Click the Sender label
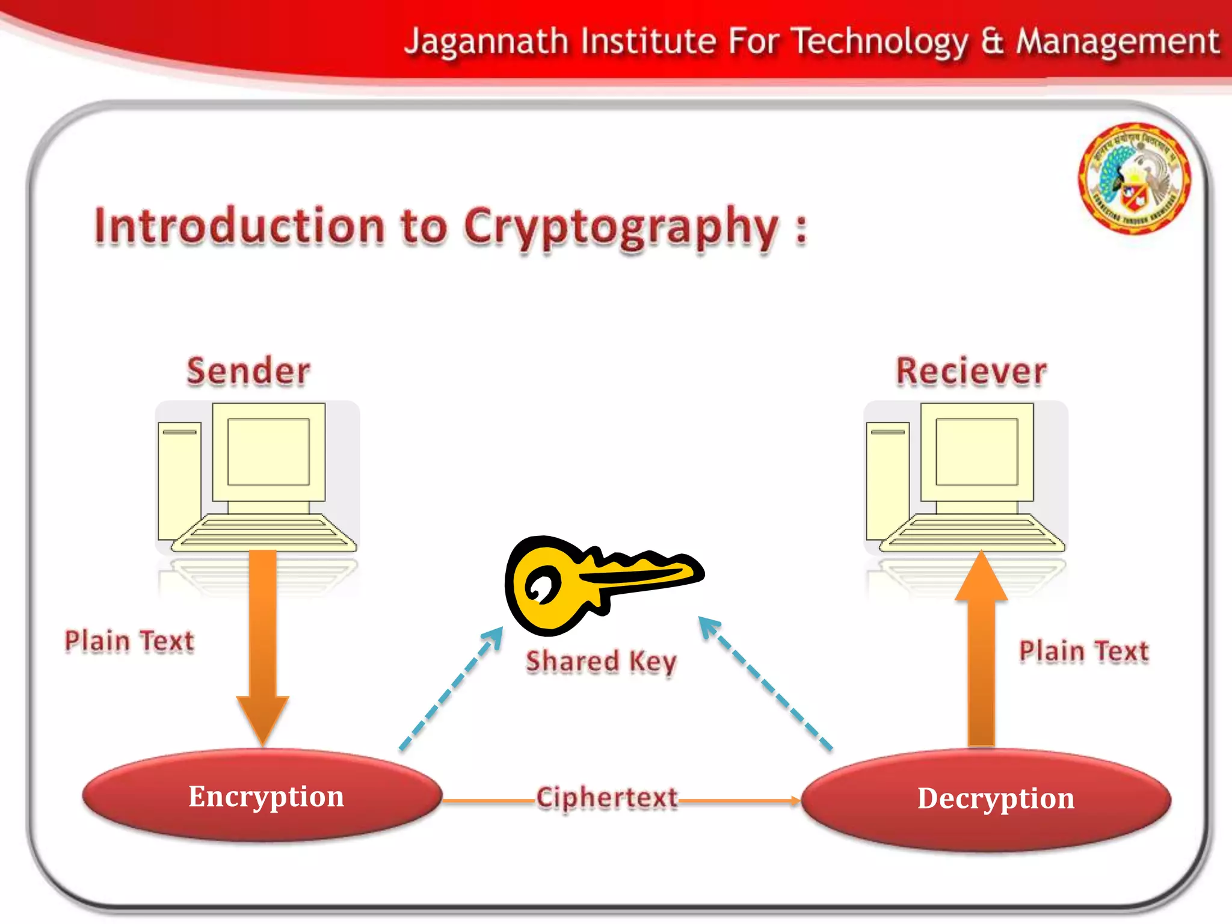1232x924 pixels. coord(248,371)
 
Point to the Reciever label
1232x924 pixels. coord(971,371)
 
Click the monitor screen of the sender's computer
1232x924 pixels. coord(268,451)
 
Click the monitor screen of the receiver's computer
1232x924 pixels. coord(976,451)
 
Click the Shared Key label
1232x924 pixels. coord(601,661)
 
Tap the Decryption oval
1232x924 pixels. coord(987,799)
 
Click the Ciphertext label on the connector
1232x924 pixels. coord(606,798)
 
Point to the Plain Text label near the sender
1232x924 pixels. coord(129,641)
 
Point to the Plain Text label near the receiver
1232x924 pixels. coord(1083,651)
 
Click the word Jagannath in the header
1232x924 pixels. coord(486,42)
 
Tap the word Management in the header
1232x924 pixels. coord(1118,42)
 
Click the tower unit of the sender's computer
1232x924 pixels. coord(179,481)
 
